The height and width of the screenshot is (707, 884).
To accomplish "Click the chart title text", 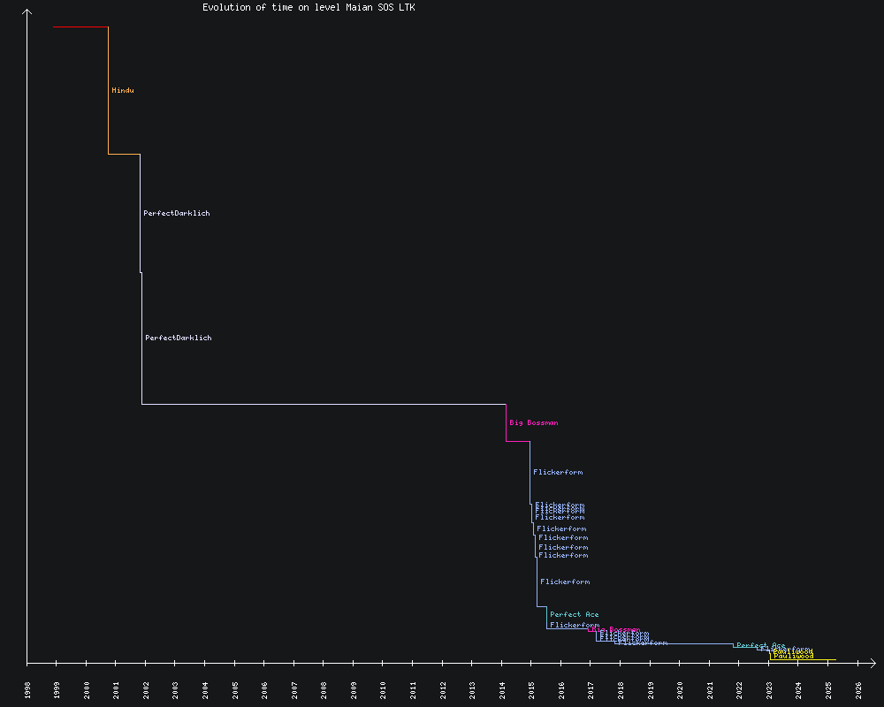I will point(309,7).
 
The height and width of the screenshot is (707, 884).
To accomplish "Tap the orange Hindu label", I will point(123,90).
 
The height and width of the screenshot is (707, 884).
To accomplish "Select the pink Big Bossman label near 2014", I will point(533,422).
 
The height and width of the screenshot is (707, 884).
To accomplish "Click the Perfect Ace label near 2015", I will point(574,614).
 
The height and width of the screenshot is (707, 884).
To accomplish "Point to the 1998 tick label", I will point(27,689).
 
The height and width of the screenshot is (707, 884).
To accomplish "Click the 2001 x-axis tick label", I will point(117,689).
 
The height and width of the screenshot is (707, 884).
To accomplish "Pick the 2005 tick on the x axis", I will point(235,689).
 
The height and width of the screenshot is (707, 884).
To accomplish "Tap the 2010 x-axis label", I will point(384,689).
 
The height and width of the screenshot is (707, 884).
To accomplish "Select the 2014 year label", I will point(502,689).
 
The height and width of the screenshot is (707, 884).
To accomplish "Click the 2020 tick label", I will point(680,689).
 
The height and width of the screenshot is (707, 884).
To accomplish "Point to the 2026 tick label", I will point(858,689).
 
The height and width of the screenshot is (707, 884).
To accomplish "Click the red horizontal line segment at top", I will point(80,27).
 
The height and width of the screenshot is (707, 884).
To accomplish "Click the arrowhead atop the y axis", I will point(27,11).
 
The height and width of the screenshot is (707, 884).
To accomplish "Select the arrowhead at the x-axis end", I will point(873,662).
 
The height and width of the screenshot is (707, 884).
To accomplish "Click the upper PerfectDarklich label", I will point(177,213).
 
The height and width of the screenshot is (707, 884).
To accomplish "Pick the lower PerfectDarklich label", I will point(179,338).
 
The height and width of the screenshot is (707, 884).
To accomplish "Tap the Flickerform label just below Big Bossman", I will point(558,472).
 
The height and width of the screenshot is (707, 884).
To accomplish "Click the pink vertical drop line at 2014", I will point(506,422).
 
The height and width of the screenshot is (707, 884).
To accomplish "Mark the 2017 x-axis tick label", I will point(591,689).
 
